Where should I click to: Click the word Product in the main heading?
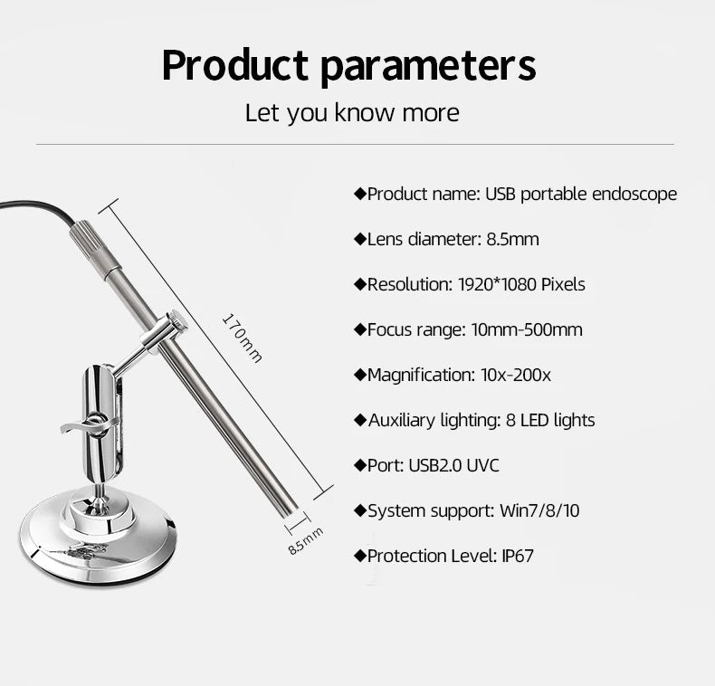point(232,66)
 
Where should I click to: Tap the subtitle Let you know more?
point(352,113)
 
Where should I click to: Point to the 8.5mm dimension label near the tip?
point(305,541)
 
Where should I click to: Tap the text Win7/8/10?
point(539,510)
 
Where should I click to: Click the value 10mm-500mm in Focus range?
point(527,329)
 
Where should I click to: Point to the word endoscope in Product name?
point(634,194)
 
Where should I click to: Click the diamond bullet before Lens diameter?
point(359,239)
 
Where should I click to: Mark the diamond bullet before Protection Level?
point(359,556)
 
